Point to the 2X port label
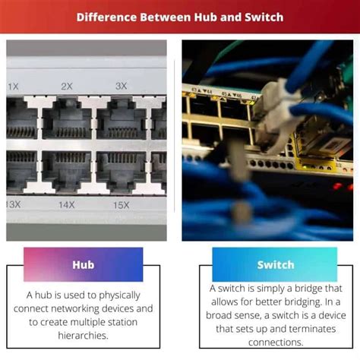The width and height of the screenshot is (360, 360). point(67,86)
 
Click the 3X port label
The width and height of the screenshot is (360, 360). point(121,86)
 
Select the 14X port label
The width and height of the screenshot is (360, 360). point(67,204)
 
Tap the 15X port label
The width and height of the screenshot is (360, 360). point(121,204)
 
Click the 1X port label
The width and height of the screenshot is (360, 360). point(14,87)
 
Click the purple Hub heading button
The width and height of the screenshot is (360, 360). point(83,265)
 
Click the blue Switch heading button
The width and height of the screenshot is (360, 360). point(275,265)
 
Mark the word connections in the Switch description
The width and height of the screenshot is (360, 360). point(274,342)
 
